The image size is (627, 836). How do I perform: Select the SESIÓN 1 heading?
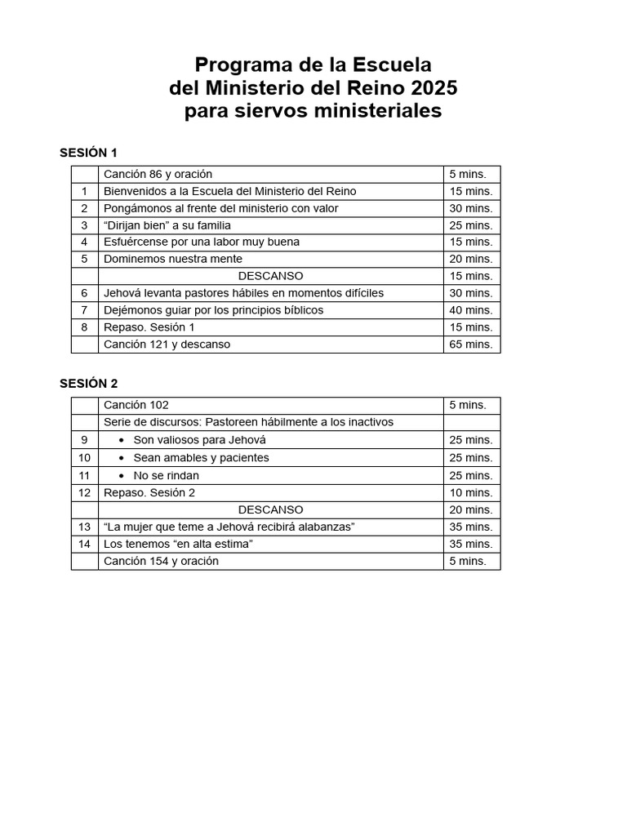coord(89,153)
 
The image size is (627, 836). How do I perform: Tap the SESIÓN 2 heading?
coord(89,384)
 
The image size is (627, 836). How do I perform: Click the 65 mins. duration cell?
coord(471,345)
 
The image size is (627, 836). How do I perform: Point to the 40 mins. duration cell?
coord(471,310)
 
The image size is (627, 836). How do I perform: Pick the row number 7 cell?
coord(84,310)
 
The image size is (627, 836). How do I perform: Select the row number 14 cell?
coord(84,544)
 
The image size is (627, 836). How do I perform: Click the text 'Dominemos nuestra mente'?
coord(173,259)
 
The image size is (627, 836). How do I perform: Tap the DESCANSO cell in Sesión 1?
coord(271,276)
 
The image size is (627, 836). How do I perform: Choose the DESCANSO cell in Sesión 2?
coord(271,509)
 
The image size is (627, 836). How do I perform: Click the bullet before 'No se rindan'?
coord(121,475)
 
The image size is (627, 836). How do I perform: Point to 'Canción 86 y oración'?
coord(158,174)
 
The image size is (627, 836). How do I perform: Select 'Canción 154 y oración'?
coord(161,561)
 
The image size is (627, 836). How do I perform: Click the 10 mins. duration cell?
coord(471,492)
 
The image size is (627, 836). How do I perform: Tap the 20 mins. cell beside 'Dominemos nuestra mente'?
coord(471,259)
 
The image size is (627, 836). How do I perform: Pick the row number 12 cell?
coord(84,492)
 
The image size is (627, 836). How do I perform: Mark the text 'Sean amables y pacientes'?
coord(201,458)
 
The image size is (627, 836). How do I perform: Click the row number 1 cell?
coord(84,191)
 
